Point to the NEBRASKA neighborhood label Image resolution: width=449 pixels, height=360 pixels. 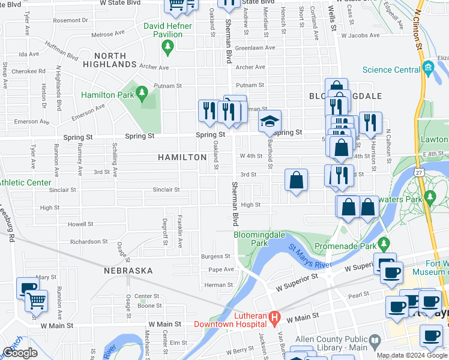click(x=128, y=271)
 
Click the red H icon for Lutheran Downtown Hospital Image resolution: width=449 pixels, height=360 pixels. click(x=274, y=317)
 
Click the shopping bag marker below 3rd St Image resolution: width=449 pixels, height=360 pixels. click(x=297, y=180)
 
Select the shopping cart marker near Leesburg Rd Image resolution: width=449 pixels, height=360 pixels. click(x=37, y=301)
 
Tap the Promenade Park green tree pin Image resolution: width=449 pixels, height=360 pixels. click(x=384, y=244)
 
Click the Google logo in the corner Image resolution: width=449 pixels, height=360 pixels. click(x=20, y=353)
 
